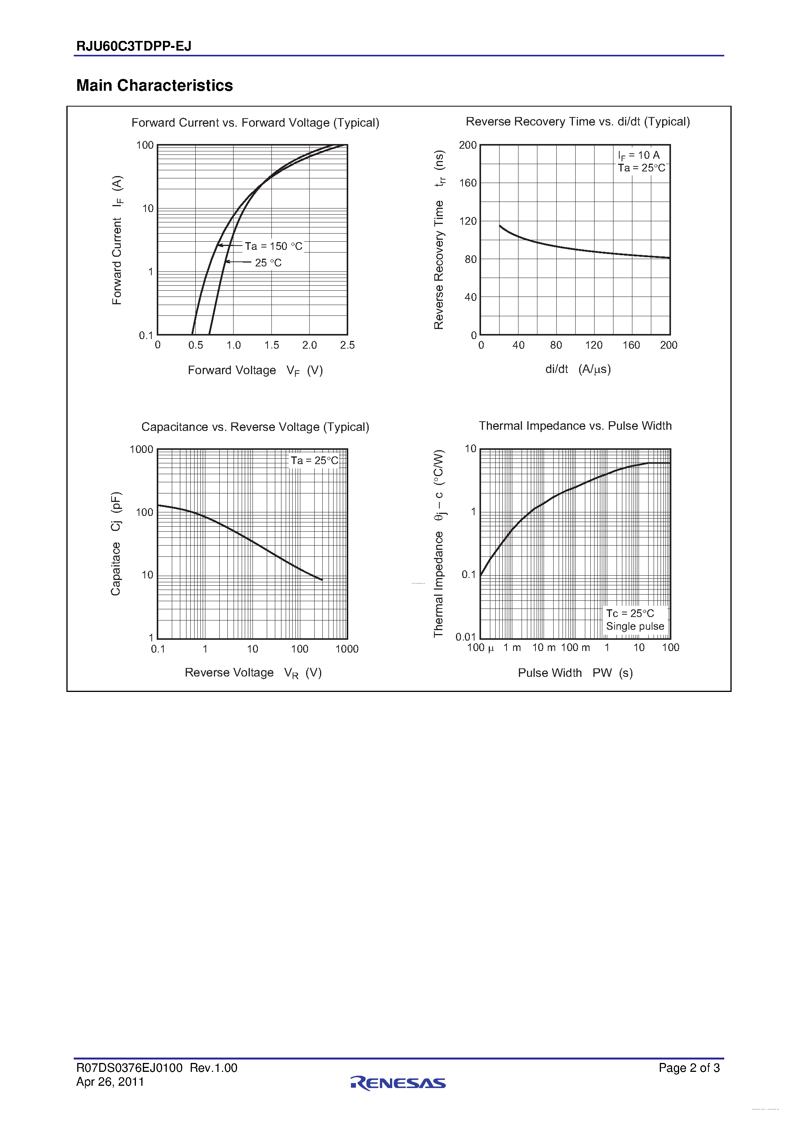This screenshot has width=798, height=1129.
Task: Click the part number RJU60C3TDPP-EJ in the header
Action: pos(134,46)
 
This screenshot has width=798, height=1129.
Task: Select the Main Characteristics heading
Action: pos(154,86)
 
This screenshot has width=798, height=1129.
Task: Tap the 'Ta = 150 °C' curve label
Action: pos(273,246)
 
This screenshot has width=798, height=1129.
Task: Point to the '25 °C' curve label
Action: pos(268,263)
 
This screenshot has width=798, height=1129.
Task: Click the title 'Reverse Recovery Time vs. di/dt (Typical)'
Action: pos(578,122)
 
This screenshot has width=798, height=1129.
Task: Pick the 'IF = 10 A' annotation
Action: pos(639,155)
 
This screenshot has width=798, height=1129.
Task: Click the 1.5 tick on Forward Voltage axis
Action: pos(271,345)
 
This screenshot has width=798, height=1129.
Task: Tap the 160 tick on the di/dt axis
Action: pos(631,345)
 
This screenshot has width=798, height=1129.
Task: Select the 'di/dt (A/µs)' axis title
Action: pos(578,369)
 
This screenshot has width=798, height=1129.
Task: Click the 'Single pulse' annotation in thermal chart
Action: pos(635,626)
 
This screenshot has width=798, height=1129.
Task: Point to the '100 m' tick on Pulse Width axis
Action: pos(575,648)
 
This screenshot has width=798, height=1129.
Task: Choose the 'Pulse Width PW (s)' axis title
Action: pos(575,673)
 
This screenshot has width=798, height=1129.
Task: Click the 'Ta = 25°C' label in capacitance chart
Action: pos(314,460)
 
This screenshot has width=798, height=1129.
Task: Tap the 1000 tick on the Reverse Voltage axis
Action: pos(347,649)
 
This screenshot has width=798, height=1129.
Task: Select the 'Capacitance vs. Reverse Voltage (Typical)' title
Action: pos(255,427)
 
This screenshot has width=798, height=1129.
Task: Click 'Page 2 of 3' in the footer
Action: pos(689,1068)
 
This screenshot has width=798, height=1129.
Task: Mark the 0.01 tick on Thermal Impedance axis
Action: pos(465,637)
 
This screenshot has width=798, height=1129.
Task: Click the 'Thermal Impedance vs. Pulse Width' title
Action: pos(575,426)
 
